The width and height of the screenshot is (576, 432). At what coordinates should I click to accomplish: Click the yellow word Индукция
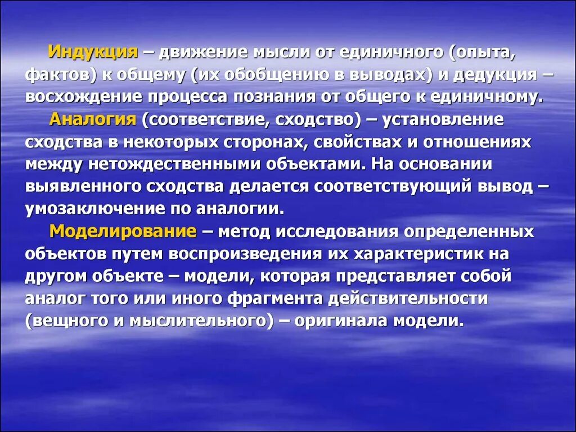(x=93, y=52)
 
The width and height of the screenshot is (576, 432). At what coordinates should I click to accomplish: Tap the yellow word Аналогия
(x=93, y=119)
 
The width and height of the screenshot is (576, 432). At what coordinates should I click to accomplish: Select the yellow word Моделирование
(x=123, y=231)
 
